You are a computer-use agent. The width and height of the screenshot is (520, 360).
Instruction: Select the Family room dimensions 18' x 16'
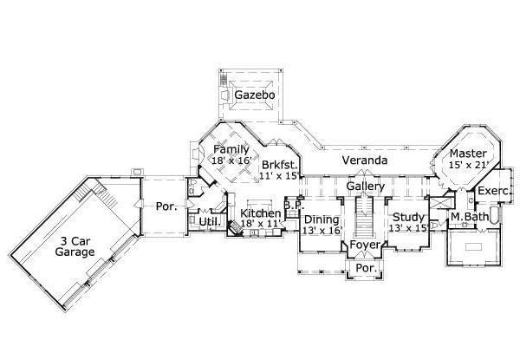click(231, 161)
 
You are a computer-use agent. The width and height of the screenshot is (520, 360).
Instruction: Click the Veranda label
click(363, 161)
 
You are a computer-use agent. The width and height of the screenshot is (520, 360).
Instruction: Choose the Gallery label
click(365, 187)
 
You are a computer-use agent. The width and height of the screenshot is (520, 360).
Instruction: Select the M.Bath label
click(469, 216)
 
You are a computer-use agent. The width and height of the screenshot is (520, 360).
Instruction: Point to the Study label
click(408, 217)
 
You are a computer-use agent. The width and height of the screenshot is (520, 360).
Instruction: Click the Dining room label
click(322, 219)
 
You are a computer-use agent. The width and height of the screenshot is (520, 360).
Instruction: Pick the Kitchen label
click(261, 213)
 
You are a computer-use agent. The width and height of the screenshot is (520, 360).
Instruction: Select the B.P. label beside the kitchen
click(292, 206)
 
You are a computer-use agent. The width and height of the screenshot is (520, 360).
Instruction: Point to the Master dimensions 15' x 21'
click(469, 166)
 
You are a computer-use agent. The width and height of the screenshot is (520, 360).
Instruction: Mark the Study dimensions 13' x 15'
click(408, 228)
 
